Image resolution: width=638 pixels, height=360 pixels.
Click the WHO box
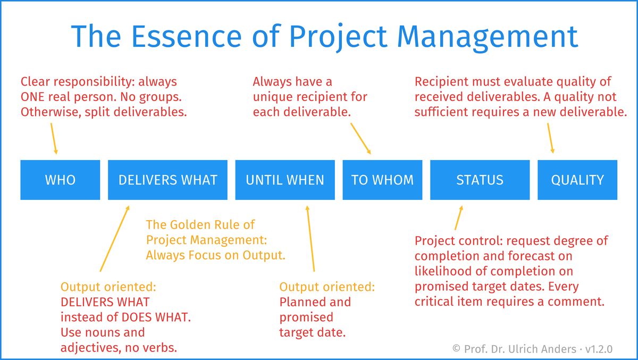coord(60,180)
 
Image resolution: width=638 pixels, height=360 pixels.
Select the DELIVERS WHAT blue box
coord(167,180)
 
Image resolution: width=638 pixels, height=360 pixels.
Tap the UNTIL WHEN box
coord(285,180)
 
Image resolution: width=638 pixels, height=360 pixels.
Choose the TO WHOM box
coord(382,180)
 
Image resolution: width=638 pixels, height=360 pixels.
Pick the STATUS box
coord(480,180)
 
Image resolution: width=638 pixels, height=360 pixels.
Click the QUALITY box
coord(577,180)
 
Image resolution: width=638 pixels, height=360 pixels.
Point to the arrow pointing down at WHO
coord(54,139)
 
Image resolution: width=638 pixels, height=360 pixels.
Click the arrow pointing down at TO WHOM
coord(360,139)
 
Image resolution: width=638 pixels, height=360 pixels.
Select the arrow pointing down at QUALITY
coord(551,138)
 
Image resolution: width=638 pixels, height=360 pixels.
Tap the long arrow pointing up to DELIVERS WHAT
coord(115,239)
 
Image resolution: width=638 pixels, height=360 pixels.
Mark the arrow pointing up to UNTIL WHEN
coord(310,239)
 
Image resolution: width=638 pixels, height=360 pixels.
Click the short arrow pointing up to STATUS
coord(459,218)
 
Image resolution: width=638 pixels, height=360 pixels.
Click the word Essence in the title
coord(187,37)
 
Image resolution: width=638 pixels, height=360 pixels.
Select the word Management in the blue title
coord(488,38)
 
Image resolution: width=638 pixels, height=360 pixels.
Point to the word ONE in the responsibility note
coord(32,97)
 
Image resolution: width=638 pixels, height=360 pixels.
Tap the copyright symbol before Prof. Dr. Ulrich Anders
coord(456,348)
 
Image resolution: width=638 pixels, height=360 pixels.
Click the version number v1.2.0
coord(599,349)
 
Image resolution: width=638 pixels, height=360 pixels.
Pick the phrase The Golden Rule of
coord(200,225)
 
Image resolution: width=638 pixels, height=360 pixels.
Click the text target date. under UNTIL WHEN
coord(313,332)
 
